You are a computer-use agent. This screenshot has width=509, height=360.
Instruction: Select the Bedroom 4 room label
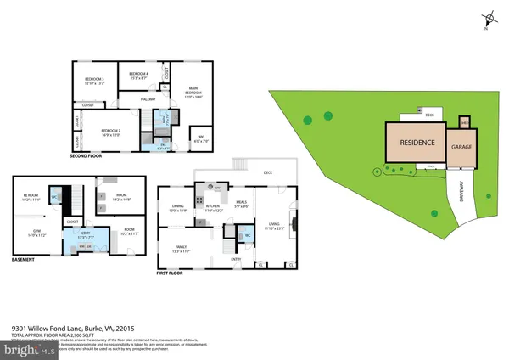139,76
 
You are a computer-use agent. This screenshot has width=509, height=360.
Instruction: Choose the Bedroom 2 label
112,130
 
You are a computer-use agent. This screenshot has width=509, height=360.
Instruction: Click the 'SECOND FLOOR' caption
88,157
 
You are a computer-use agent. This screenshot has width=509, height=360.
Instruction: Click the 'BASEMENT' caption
24,259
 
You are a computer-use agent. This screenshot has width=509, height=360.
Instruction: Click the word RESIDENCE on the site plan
417,144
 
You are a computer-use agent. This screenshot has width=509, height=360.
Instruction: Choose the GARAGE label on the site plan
461,146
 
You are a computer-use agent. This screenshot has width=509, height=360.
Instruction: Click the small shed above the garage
464,121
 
